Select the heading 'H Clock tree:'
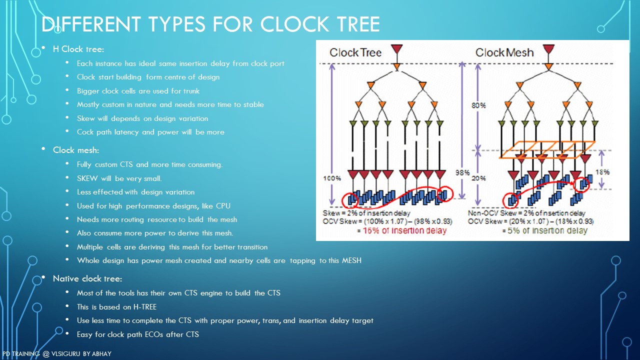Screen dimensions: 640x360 tap(78, 49)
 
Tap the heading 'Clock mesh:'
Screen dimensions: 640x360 tap(76, 150)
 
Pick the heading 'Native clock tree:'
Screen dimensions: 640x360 tap(87, 278)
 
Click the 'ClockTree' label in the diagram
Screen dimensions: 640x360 tap(355, 52)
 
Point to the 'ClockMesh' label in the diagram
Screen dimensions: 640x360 tap(504, 52)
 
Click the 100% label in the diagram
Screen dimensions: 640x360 tap(332, 178)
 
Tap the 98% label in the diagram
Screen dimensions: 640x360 tap(462, 172)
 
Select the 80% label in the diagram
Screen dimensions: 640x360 tap(479, 105)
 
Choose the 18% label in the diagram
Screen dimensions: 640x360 tap(602, 172)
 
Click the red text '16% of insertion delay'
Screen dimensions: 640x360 tap(404, 230)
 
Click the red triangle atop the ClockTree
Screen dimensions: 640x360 tap(397, 49)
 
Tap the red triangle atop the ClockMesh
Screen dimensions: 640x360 tap(548, 49)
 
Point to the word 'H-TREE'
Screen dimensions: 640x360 tap(145, 307)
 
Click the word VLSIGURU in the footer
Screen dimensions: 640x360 tap(65, 353)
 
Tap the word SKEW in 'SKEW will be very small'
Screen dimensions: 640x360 tap(87, 178)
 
